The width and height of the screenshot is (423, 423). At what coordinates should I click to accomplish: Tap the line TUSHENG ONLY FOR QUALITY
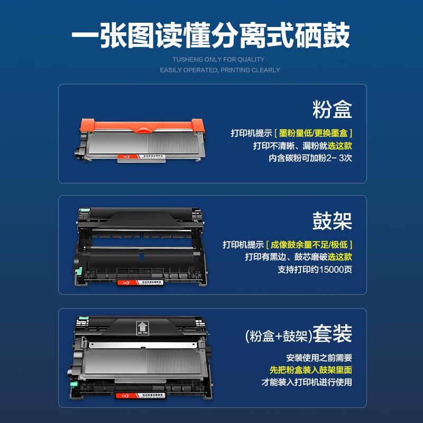coord(218,60)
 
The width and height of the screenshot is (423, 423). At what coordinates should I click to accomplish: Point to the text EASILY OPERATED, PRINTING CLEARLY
coord(219,70)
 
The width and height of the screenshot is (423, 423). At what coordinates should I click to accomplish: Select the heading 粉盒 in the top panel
coord(332,110)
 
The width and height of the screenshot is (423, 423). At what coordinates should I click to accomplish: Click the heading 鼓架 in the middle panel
coord(332,222)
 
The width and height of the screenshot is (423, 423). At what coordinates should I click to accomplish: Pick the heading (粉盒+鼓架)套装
coord(299,334)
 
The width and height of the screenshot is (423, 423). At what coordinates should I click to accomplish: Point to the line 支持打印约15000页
coord(315,269)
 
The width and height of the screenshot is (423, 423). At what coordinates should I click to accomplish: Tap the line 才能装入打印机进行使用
coord(307,382)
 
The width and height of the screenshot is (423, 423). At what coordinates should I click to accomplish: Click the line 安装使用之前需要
coord(319,357)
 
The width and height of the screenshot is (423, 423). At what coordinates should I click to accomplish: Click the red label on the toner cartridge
coord(120,157)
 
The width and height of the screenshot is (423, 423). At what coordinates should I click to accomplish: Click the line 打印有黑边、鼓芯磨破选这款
coord(298,257)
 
